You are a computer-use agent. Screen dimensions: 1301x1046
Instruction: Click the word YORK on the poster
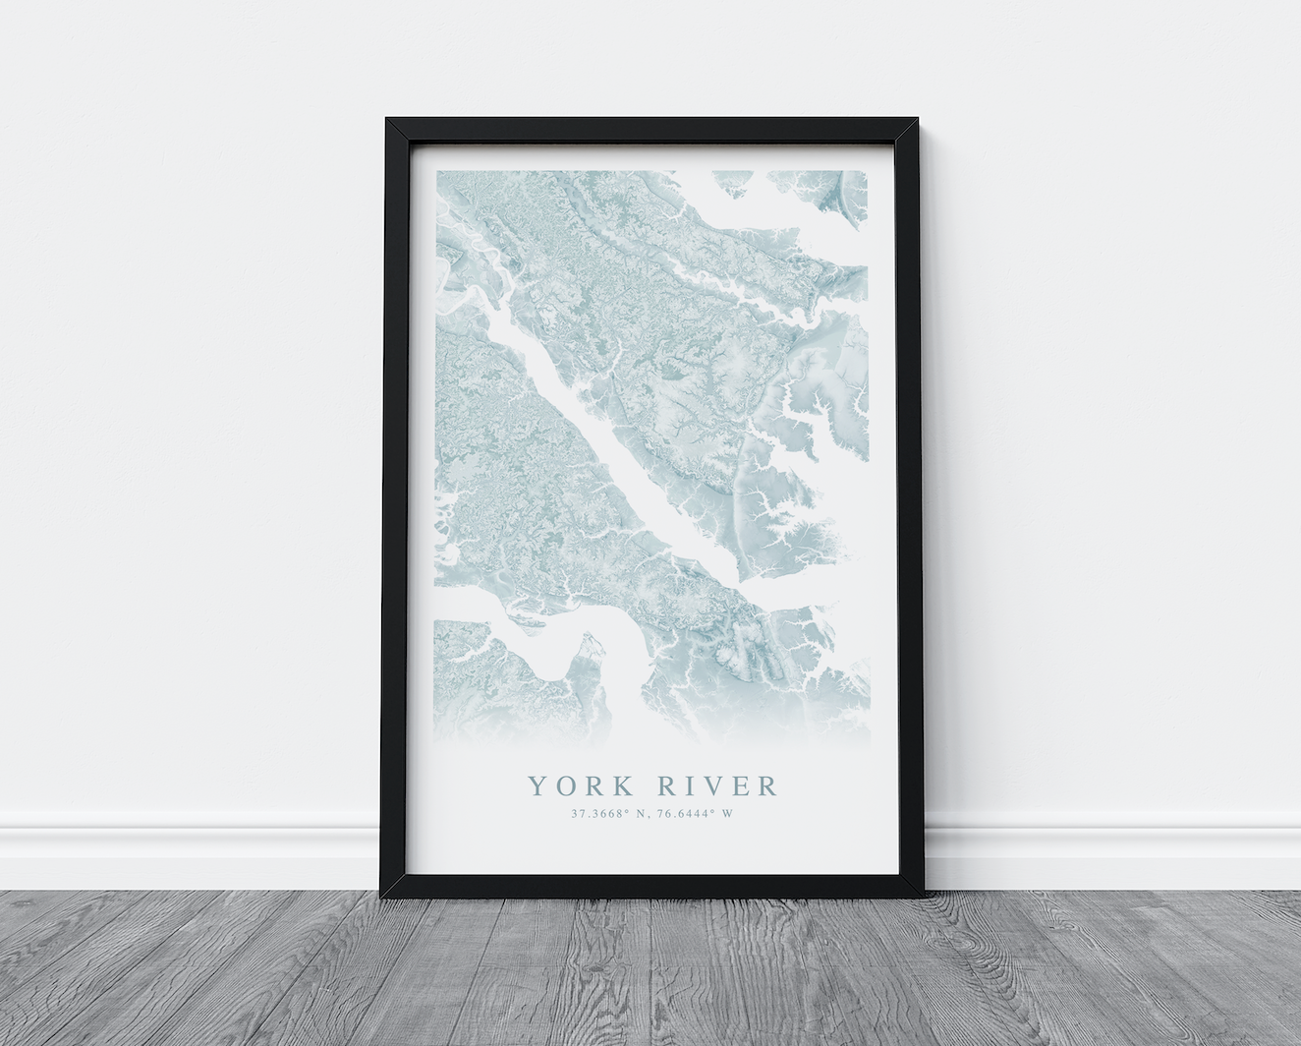(x=578, y=786)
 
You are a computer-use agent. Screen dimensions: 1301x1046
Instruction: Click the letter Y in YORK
(x=537, y=786)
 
